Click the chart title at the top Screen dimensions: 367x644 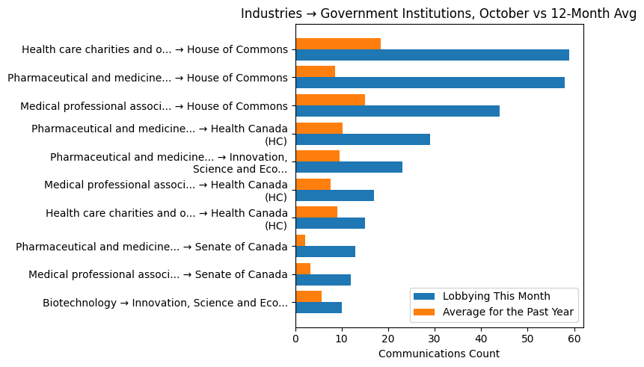(x=438, y=14)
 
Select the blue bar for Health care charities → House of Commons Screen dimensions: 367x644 (x=432, y=55)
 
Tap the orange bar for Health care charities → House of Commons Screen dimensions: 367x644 (x=337, y=44)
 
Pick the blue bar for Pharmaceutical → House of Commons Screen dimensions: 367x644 (x=429, y=83)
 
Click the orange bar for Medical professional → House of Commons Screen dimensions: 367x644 (x=330, y=100)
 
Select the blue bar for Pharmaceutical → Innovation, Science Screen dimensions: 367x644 (x=349, y=167)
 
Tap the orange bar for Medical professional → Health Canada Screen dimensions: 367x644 (x=313, y=184)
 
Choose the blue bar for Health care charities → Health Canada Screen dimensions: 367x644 (x=330, y=223)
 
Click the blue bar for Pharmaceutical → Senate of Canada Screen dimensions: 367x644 (x=325, y=252)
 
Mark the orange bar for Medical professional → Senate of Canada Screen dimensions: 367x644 (x=302, y=268)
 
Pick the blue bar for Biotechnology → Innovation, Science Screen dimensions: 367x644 (x=318, y=308)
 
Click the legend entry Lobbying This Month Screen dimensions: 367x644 (x=496, y=296)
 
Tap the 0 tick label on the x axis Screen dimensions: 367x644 (x=295, y=339)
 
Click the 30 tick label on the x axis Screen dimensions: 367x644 (x=435, y=339)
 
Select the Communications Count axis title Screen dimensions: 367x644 (x=438, y=354)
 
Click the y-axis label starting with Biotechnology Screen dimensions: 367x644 (x=165, y=303)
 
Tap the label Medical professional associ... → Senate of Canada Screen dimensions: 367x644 (x=158, y=274)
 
